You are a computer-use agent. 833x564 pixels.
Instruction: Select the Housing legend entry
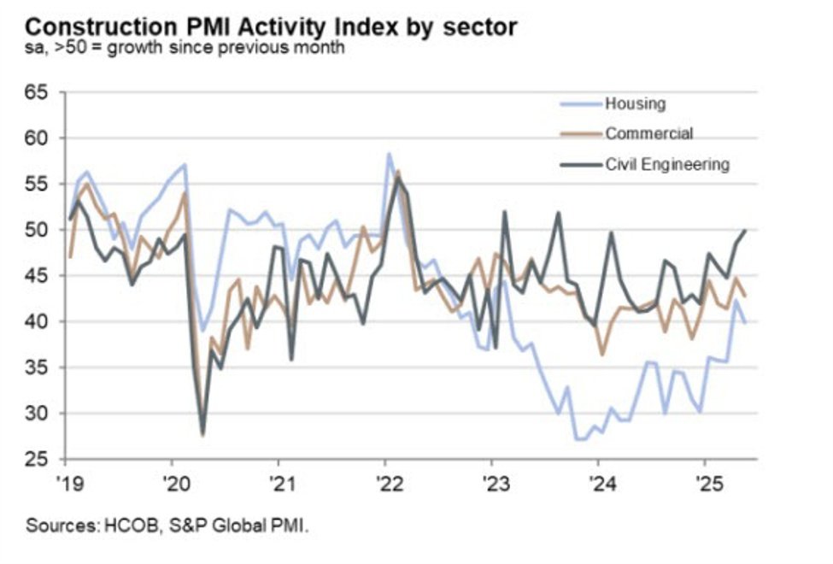click(635, 104)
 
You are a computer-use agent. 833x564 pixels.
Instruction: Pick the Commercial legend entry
click(648, 133)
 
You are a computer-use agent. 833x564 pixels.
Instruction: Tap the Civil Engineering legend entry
click(667, 163)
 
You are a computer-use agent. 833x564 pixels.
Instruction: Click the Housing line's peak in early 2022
click(389, 155)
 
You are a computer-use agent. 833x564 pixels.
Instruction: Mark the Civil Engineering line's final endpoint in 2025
click(746, 230)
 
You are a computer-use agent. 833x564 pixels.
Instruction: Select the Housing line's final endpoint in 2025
click(746, 323)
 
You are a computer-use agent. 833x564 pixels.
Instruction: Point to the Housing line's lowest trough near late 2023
click(578, 439)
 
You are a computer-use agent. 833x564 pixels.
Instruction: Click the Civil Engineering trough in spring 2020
click(202, 434)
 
